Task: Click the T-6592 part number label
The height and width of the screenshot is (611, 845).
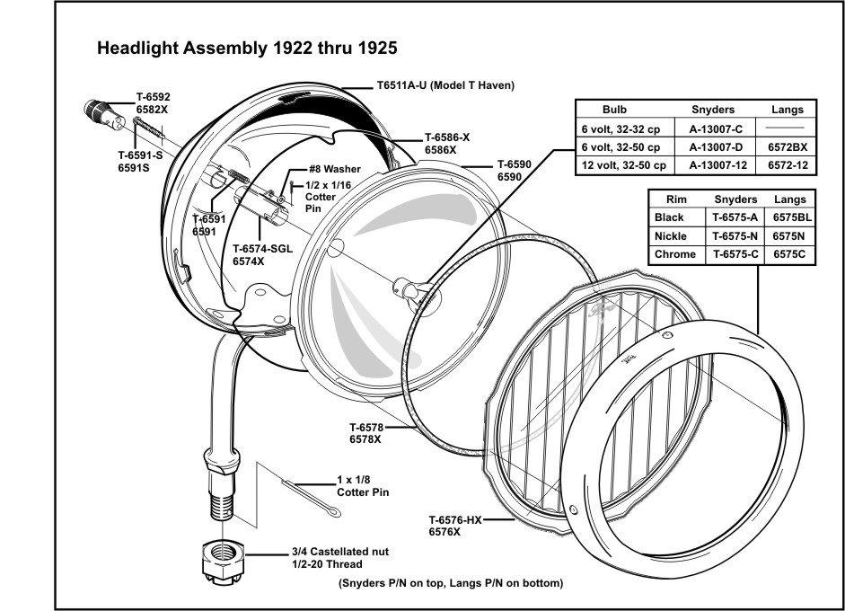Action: [153, 96]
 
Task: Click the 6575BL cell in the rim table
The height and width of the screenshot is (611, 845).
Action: [793, 217]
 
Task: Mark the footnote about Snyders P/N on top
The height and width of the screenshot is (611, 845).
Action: [451, 583]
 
